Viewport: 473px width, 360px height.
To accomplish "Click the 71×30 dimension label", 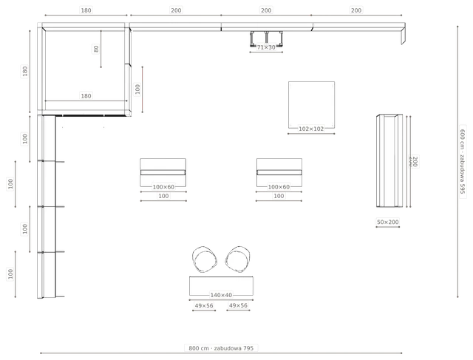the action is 266,47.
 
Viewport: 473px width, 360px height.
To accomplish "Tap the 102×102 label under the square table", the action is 311,129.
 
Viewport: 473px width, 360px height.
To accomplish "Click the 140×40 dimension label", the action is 221,295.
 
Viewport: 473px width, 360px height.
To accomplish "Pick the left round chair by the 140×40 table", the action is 205,259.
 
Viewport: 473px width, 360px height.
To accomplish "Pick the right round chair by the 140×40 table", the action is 238,259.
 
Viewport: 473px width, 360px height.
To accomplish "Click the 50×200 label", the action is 387,222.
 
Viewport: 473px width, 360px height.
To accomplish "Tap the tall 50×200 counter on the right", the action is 389,160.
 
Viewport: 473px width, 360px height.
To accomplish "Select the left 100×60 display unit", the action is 163,172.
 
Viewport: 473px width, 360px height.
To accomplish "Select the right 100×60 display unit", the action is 279,172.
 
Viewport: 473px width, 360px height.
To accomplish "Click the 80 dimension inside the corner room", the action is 96,49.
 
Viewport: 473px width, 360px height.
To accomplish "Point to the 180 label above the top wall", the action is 86,10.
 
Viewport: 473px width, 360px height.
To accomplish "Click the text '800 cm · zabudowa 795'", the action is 221,348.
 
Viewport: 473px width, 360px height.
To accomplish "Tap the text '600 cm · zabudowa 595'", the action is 463,161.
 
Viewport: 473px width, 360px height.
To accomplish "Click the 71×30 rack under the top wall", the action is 266,39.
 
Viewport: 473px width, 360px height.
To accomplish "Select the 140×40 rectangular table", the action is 221,286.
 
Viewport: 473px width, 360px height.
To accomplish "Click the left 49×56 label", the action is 204,306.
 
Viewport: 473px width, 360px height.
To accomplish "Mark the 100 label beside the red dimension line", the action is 137,89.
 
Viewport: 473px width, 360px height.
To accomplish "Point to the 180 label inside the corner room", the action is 86,96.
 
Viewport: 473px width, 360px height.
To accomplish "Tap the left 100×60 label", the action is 163,187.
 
